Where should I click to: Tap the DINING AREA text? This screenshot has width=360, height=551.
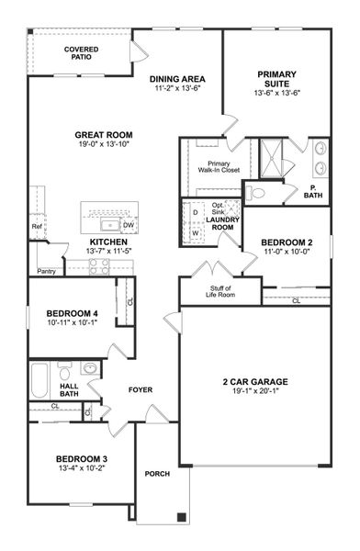(x=177, y=79)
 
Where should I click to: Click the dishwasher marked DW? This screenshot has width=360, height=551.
(x=129, y=223)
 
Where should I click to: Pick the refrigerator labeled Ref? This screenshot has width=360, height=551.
(x=37, y=225)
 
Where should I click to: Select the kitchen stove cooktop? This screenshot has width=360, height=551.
(x=99, y=265)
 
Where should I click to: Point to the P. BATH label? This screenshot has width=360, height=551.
(x=312, y=194)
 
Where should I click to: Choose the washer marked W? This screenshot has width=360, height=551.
(x=195, y=232)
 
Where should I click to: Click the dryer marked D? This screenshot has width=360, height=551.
(x=195, y=212)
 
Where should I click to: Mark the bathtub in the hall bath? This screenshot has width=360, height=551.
(x=39, y=378)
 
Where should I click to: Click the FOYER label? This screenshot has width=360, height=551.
(x=140, y=390)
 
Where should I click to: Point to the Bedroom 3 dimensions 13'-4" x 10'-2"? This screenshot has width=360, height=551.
(x=82, y=467)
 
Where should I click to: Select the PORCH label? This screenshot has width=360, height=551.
(x=157, y=474)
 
